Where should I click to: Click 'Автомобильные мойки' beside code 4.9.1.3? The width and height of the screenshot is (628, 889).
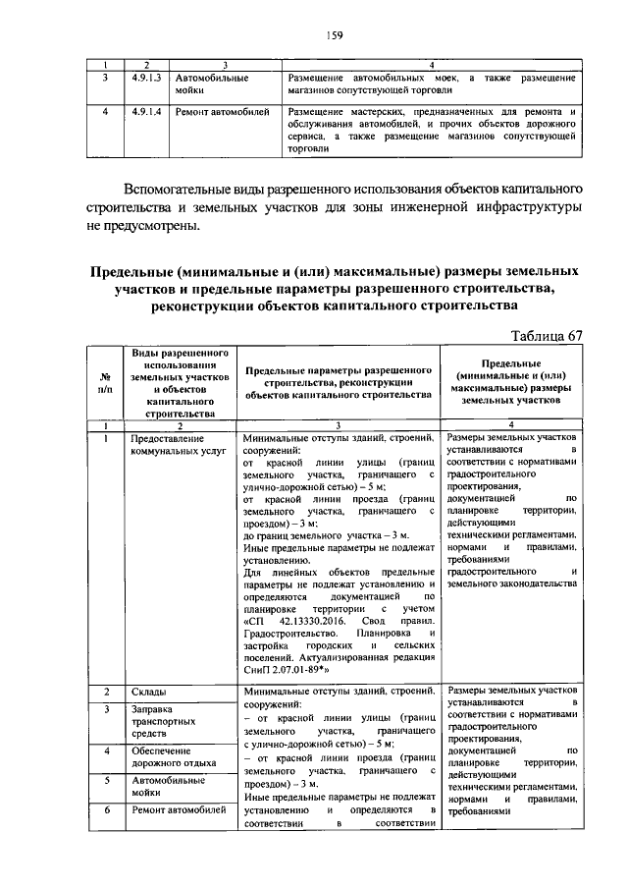point(211,83)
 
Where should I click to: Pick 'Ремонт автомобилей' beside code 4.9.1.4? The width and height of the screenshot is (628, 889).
point(223,114)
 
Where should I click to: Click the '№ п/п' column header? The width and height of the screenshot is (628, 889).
point(104,382)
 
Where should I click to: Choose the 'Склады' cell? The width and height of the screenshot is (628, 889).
point(149,694)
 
